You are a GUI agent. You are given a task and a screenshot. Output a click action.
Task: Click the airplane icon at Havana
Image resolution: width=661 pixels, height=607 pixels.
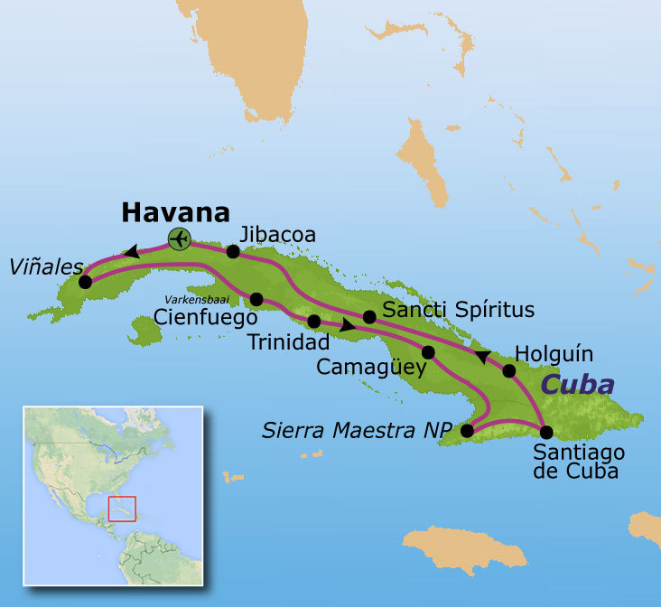180,239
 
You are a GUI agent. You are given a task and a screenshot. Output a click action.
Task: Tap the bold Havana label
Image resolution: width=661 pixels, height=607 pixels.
175,212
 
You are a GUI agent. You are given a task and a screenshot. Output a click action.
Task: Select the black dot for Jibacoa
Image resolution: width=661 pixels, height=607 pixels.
233,252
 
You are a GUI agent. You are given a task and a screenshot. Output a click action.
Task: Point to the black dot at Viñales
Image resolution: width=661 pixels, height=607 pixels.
85,282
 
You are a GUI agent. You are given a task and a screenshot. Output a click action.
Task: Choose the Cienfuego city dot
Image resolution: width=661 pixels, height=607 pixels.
256,299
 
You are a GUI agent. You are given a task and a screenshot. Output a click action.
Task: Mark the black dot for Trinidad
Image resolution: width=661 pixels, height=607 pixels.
314,322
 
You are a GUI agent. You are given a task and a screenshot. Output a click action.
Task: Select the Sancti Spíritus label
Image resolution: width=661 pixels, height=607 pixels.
459,310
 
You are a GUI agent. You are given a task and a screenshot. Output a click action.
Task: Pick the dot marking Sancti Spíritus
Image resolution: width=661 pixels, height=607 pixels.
369,317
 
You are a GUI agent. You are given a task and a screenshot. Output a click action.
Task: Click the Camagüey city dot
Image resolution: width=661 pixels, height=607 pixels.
428,352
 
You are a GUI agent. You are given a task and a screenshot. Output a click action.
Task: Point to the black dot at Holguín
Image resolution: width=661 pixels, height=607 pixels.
508,370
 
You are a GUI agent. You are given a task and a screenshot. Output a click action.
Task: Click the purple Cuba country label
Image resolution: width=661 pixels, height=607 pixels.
578,385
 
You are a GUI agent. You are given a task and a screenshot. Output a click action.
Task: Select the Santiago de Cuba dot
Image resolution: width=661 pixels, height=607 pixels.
546,431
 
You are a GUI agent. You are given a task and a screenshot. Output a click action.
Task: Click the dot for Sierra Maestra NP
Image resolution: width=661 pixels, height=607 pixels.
466,431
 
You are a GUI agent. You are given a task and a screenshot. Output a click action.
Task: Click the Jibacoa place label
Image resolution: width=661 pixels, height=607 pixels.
279,235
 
